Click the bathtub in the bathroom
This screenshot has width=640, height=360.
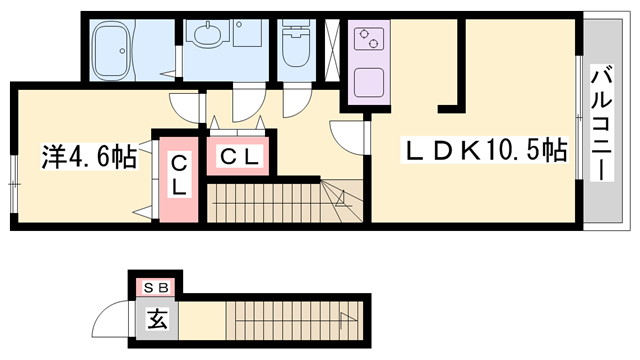coord(119,50)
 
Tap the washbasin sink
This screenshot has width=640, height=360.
coord(208,38)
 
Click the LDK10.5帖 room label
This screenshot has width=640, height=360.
coord(487,153)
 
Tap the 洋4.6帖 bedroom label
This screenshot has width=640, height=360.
coord(88,157)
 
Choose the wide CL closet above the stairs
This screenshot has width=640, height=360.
coord(239,156)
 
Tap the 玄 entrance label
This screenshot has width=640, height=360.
coord(158,321)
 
